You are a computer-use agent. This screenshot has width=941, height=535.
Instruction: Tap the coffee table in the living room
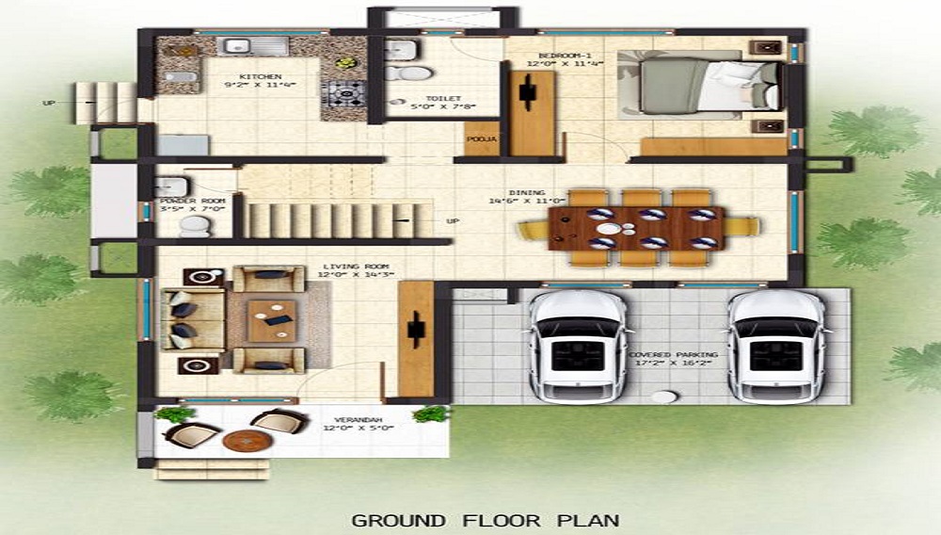[274, 320]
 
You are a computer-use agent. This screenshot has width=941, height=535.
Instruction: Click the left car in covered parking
[577, 344]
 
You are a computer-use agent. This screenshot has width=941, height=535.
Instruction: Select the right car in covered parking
[777, 344]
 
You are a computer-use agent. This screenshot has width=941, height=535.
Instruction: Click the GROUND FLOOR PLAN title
[485, 519]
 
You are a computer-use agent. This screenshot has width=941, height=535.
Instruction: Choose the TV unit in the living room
[414, 339]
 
